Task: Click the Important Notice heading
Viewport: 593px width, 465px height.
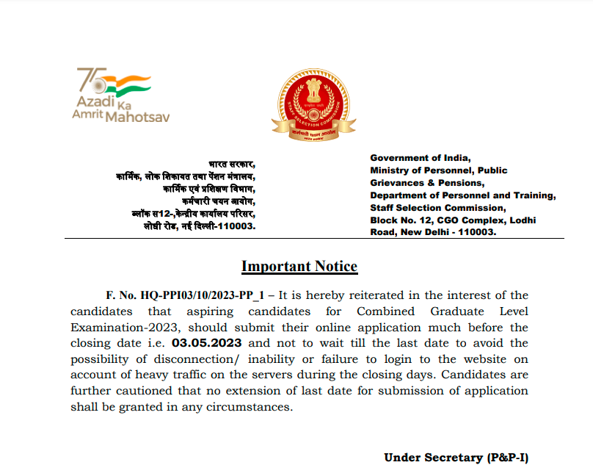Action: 299,267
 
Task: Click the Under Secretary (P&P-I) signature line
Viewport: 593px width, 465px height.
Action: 456,458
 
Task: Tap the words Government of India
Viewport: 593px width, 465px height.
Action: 419,158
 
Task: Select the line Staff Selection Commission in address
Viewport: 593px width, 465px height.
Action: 433,208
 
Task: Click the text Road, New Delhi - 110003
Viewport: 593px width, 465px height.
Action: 433,232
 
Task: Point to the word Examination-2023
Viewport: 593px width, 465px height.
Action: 117,328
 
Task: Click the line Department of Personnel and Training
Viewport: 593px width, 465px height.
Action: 463,195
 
